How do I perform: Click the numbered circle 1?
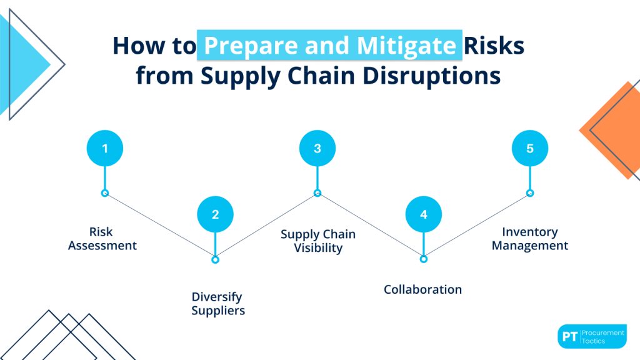(x=104, y=148)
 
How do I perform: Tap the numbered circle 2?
(x=215, y=214)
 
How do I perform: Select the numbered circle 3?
(x=317, y=148)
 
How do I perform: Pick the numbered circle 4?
(x=423, y=214)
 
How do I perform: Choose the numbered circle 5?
(x=529, y=148)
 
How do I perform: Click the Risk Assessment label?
(x=102, y=239)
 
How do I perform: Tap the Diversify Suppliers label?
(x=217, y=303)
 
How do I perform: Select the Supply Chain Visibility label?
(x=317, y=241)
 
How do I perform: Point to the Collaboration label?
(x=422, y=289)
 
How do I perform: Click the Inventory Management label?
(x=529, y=239)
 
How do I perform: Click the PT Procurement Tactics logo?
(x=591, y=336)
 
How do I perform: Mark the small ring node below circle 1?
(x=104, y=193)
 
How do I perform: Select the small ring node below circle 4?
(x=423, y=259)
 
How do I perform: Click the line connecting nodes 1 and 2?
(x=160, y=226)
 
